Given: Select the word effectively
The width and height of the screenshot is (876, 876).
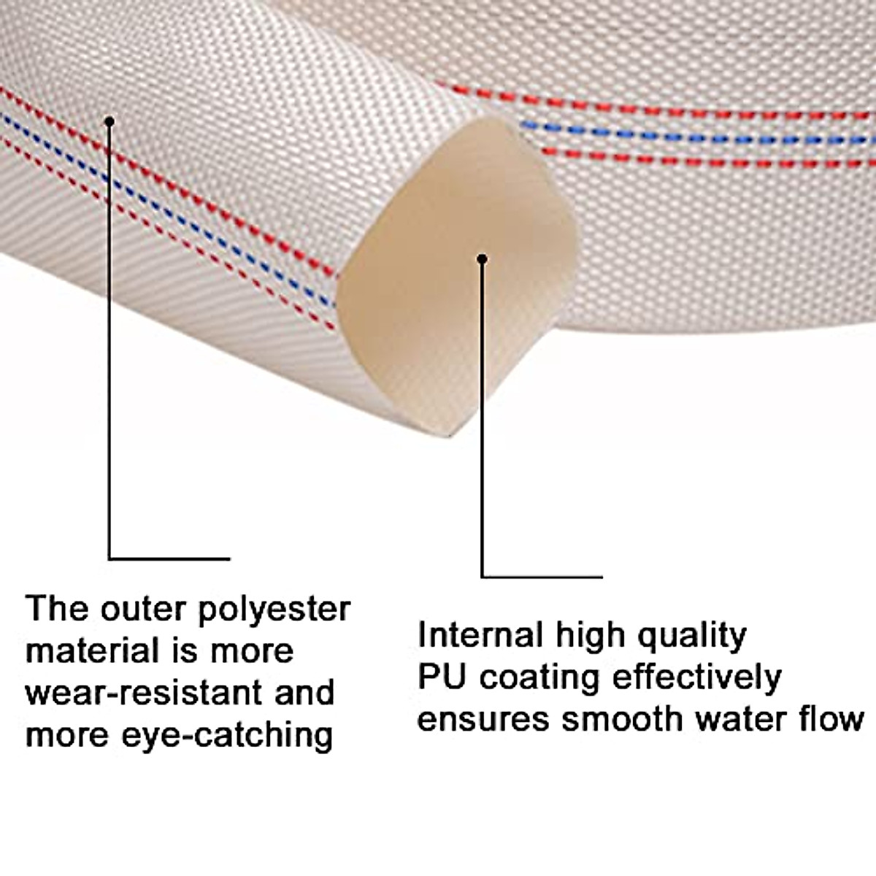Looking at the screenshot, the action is click(x=696, y=677).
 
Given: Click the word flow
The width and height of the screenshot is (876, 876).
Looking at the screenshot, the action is click(x=833, y=719).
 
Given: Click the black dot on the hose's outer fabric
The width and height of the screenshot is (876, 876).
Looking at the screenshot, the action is click(x=109, y=121).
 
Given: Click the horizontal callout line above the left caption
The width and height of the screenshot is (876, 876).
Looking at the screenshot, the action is click(x=169, y=559).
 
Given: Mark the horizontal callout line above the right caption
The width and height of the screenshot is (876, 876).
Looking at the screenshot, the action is click(x=542, y=577).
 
